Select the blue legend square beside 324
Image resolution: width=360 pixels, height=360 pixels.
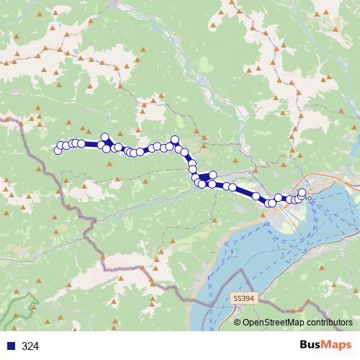click(10, 346)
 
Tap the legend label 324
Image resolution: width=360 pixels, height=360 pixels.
click(30, 346)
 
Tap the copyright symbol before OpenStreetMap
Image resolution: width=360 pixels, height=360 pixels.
click(237, 323)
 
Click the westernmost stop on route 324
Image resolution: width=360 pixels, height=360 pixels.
click(58, 150)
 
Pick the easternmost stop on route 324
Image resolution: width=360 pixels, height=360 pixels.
click(302, 192)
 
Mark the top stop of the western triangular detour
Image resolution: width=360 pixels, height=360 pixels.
click(105, 137)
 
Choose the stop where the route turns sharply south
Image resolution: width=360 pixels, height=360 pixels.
click(175, 140)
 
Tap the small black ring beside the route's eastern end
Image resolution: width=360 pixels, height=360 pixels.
click(310, 197)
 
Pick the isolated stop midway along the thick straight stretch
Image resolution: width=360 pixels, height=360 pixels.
click(256, 195)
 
